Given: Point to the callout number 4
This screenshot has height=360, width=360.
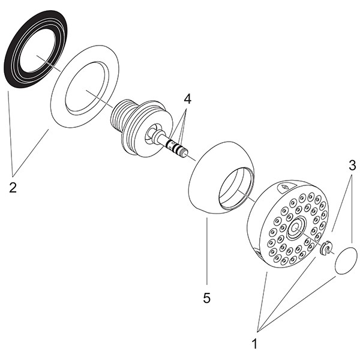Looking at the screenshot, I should click(187, 98).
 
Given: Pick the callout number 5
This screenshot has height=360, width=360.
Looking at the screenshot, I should click(207, 297).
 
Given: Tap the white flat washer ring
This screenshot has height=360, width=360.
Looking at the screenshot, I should click(60, 102).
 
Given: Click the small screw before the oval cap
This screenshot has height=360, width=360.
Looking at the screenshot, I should click(326, 249).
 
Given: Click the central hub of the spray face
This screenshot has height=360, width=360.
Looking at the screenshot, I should click(296, 227).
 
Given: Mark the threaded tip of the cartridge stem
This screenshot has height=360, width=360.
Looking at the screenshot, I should click(184, 153).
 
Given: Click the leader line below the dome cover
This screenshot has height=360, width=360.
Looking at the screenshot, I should click(206, 252).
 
